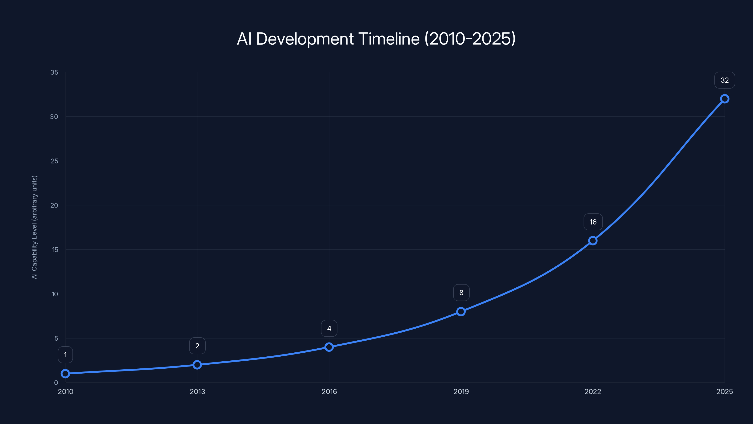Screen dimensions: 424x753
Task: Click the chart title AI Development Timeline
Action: tap(376, 39)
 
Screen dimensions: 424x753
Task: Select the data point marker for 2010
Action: tap(65, 374)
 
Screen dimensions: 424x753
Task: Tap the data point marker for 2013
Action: tap(197, 365)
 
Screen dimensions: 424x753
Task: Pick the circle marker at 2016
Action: tap(329, 347)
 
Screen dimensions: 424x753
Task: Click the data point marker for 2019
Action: tap(461, 312)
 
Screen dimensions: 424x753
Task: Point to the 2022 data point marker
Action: tap(593, 241)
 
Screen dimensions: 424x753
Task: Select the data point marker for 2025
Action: tap(725, 99)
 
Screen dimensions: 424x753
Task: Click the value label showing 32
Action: tap(725, 80)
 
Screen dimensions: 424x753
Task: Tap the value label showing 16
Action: tap(593, 222)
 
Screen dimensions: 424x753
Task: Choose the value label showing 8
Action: tap(461, 293)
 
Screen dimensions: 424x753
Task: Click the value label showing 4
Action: tap(329, 329)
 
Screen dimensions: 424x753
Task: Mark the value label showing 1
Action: tap(65, 355)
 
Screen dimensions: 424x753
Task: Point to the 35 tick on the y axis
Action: tap(54, 72)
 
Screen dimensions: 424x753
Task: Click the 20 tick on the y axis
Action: tap(54, 205)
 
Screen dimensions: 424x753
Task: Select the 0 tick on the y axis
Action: tap(56, 383)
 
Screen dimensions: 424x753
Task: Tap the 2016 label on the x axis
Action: tap(329, 392)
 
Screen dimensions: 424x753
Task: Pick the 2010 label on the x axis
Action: tap(65, 392)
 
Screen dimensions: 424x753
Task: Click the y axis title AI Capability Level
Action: tap(35, 227)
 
